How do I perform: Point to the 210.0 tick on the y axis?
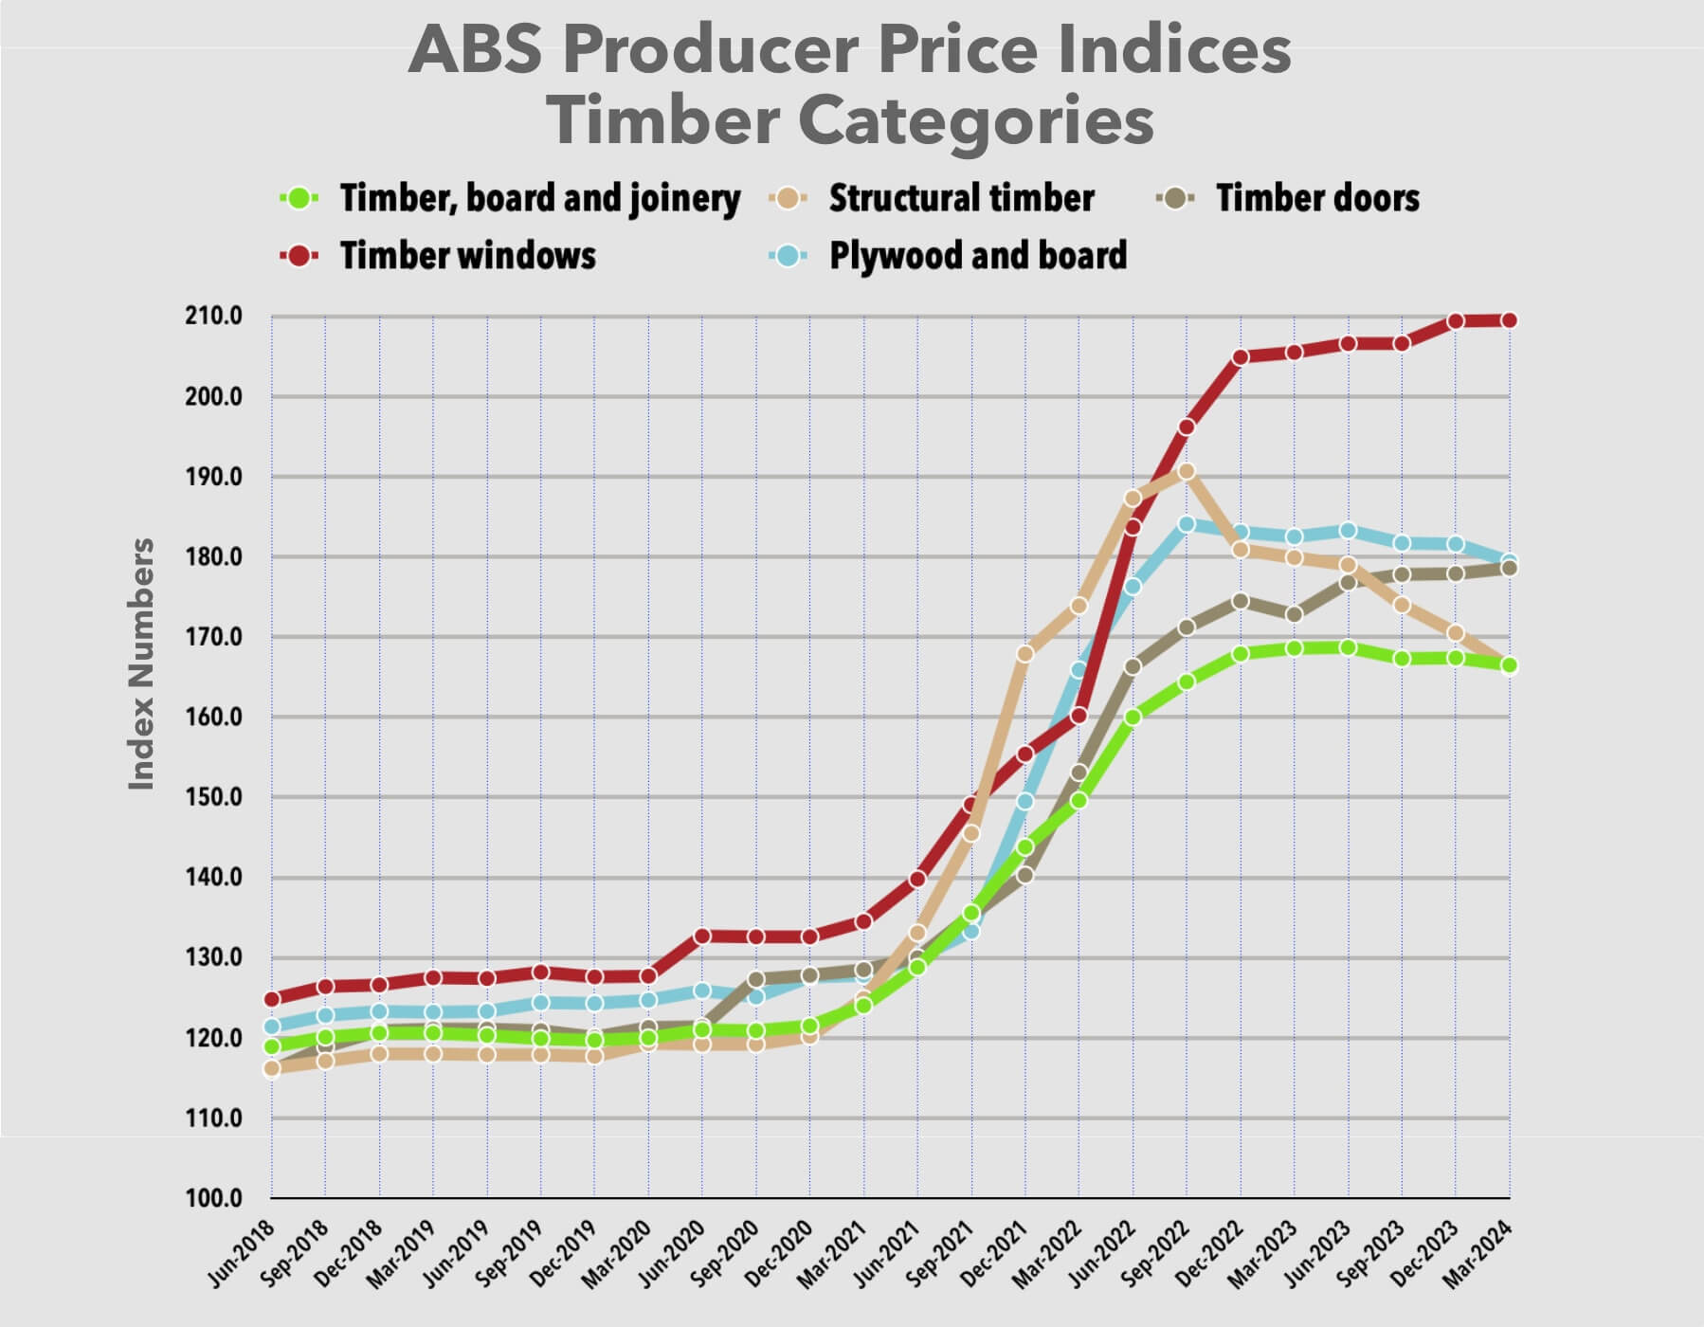(213, 316)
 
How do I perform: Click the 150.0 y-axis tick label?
(213, 797)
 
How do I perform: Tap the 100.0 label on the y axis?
(213, 1198)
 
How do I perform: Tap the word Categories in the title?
(975, 120)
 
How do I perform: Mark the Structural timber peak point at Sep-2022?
(1186, 471)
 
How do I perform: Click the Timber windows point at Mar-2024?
(1509, 320)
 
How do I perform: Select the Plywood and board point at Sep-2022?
(1186, 524)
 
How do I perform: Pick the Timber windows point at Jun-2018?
(272, 999)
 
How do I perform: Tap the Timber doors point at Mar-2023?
(1294, 614)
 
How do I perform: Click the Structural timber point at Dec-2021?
(1024, 654)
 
